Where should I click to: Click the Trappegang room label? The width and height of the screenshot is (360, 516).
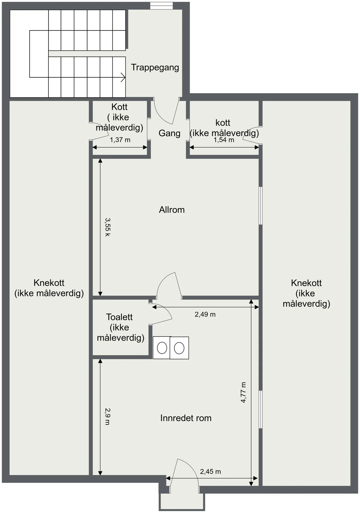pos(155,68)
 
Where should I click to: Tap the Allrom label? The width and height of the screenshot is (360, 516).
pos(172,210)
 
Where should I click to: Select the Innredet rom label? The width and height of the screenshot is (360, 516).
pos(186,418)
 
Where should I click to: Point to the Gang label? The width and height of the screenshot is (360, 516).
pos(170,133)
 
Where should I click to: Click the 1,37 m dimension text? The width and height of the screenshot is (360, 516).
pos(120,140)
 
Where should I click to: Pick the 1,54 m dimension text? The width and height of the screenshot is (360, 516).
pos(224,140)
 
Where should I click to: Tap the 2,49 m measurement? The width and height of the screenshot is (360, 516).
pos(205,314)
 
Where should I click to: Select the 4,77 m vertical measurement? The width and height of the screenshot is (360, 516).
pos(243,392)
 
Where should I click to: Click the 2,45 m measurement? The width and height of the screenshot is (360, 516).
pos(211,472)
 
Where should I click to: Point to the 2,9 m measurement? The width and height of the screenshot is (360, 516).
pos(107,417)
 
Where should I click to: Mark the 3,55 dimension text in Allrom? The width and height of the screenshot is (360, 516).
pos(107,227)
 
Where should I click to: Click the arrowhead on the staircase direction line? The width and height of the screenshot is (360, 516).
pos(123,77)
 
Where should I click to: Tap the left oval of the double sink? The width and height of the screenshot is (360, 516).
pos(162,348)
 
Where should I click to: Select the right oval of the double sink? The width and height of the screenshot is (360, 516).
pos(179,348)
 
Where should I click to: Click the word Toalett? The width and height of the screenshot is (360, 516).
pos(119,317)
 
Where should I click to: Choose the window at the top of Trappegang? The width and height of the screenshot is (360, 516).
pos(162,6)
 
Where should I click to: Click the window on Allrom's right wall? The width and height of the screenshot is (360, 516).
pos(261,206)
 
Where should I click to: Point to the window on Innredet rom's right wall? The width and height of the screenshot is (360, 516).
pos(261,409)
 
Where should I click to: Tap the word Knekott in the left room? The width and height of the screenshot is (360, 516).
pos(49,283)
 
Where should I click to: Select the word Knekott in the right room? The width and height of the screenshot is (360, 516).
pos(306,283)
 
